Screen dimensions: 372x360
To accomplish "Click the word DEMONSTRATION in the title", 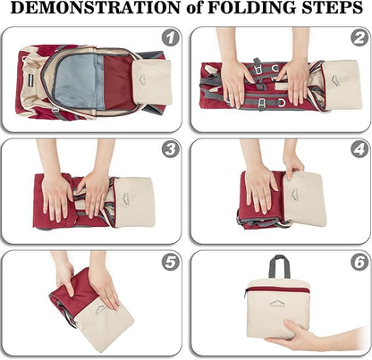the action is tap(96, 8).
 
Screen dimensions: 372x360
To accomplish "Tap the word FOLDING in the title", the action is tap(252, 8).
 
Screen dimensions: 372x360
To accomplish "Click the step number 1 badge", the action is tap(171, 38).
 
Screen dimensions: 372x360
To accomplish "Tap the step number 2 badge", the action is tap(359, 38).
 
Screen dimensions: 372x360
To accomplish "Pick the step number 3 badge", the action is tap(171, 149).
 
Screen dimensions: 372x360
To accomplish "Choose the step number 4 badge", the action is tap(359, 149).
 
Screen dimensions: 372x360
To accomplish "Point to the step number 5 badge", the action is tap(171, 263).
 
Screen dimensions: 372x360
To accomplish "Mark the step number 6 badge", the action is tap(359, 263).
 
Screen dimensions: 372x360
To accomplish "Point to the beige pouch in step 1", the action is tap(153, 81).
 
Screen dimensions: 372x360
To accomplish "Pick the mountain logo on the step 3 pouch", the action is tap(127, 198).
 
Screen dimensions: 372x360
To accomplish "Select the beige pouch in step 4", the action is tap(304, 199).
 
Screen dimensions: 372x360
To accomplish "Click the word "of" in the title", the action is tap(194, 9).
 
